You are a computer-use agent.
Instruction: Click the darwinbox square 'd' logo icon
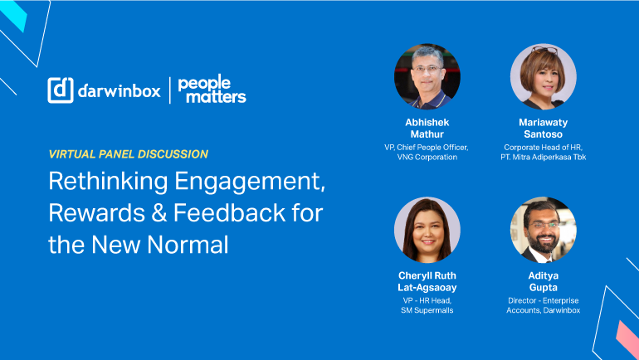click(x=61, y=90)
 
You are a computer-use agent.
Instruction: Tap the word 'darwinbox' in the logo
click(x=119, y=90)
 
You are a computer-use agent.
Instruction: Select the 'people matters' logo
click(x=212, y=89)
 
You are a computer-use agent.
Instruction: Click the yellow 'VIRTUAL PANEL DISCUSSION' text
click(x=129, y=154)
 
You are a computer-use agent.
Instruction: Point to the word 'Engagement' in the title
click(x=250, y=182)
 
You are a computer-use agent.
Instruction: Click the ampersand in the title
click(x=159, y=213)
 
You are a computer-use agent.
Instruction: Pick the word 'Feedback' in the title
click(x=229, y=212)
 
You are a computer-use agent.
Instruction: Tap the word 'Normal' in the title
click(x=188, y=245)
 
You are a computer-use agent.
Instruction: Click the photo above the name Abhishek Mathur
click(x=427, y=76)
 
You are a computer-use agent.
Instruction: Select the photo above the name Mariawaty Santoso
click(x=544, y=76)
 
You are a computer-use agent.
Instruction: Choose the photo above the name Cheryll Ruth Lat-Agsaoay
click(x=427, y=230)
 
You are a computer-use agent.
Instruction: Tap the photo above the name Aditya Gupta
click(x=544, y=230)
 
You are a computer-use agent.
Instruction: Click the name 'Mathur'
click(x=427, y=134)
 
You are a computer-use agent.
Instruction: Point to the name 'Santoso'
click(x=544, y=134)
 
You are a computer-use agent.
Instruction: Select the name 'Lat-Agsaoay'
click(x=427, y=288)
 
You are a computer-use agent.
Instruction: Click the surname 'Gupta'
click(x=544, y=288)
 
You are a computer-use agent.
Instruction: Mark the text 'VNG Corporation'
click(x=427, y=158)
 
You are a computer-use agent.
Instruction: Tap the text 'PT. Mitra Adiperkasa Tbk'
click(x=544, y=158)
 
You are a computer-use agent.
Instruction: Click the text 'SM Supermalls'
click(x=427, y=310)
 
